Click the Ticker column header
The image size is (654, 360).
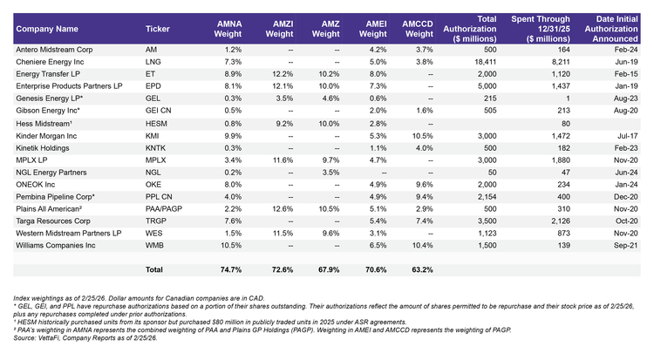(x=157, y=29)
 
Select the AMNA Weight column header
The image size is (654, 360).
(x=228, y=29)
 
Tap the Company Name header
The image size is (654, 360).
(x=47, y=29)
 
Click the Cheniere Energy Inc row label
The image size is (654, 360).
(x=50, y=62)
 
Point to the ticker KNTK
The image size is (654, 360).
(x=155, y=148)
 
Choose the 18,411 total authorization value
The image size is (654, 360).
(x=485, y=62)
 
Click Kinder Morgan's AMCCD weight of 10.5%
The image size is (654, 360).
(x=423, y=136)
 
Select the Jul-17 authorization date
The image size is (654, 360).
(x=628, y=136)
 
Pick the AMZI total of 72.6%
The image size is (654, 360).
(x=283, y=270)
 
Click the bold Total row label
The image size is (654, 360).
(x=153, y=270)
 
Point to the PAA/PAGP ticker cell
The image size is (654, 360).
(x=164, y=209)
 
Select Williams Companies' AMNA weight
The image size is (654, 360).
(x=231, y=245)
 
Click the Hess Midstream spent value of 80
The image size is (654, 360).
(x=566, y=124)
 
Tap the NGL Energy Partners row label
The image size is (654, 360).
(x=51, y=173)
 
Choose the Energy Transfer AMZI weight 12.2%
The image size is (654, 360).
(x=283, y=74)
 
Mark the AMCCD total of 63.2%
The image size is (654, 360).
(x=423, y=270)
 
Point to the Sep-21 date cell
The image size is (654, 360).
(x=625, y=245)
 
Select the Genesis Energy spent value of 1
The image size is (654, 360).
(x=568, y=98)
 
